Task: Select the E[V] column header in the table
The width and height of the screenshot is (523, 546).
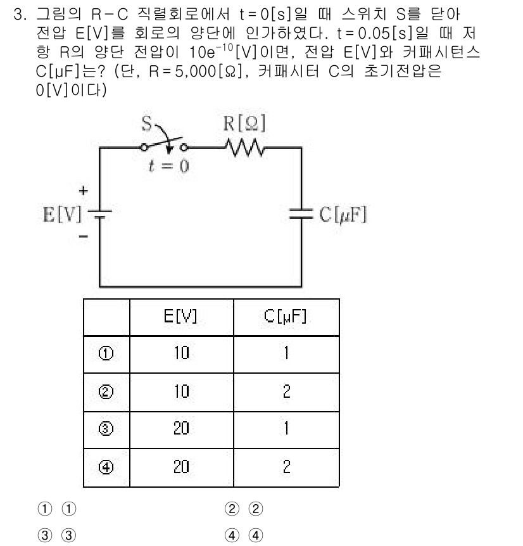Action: coord(181,318)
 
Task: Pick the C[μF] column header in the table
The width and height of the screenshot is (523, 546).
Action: coord(286,318)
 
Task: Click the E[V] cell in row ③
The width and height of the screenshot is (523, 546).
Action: coord(181,429)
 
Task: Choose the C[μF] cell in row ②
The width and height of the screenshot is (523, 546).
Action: coord(286,391)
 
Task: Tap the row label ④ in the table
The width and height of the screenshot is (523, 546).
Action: coord(106,467)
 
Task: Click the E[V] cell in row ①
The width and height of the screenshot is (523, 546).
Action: coord(181,353)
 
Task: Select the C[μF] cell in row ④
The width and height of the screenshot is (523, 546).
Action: coord(286,467)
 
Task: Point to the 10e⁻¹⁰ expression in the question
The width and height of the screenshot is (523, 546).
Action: coord(218,48)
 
